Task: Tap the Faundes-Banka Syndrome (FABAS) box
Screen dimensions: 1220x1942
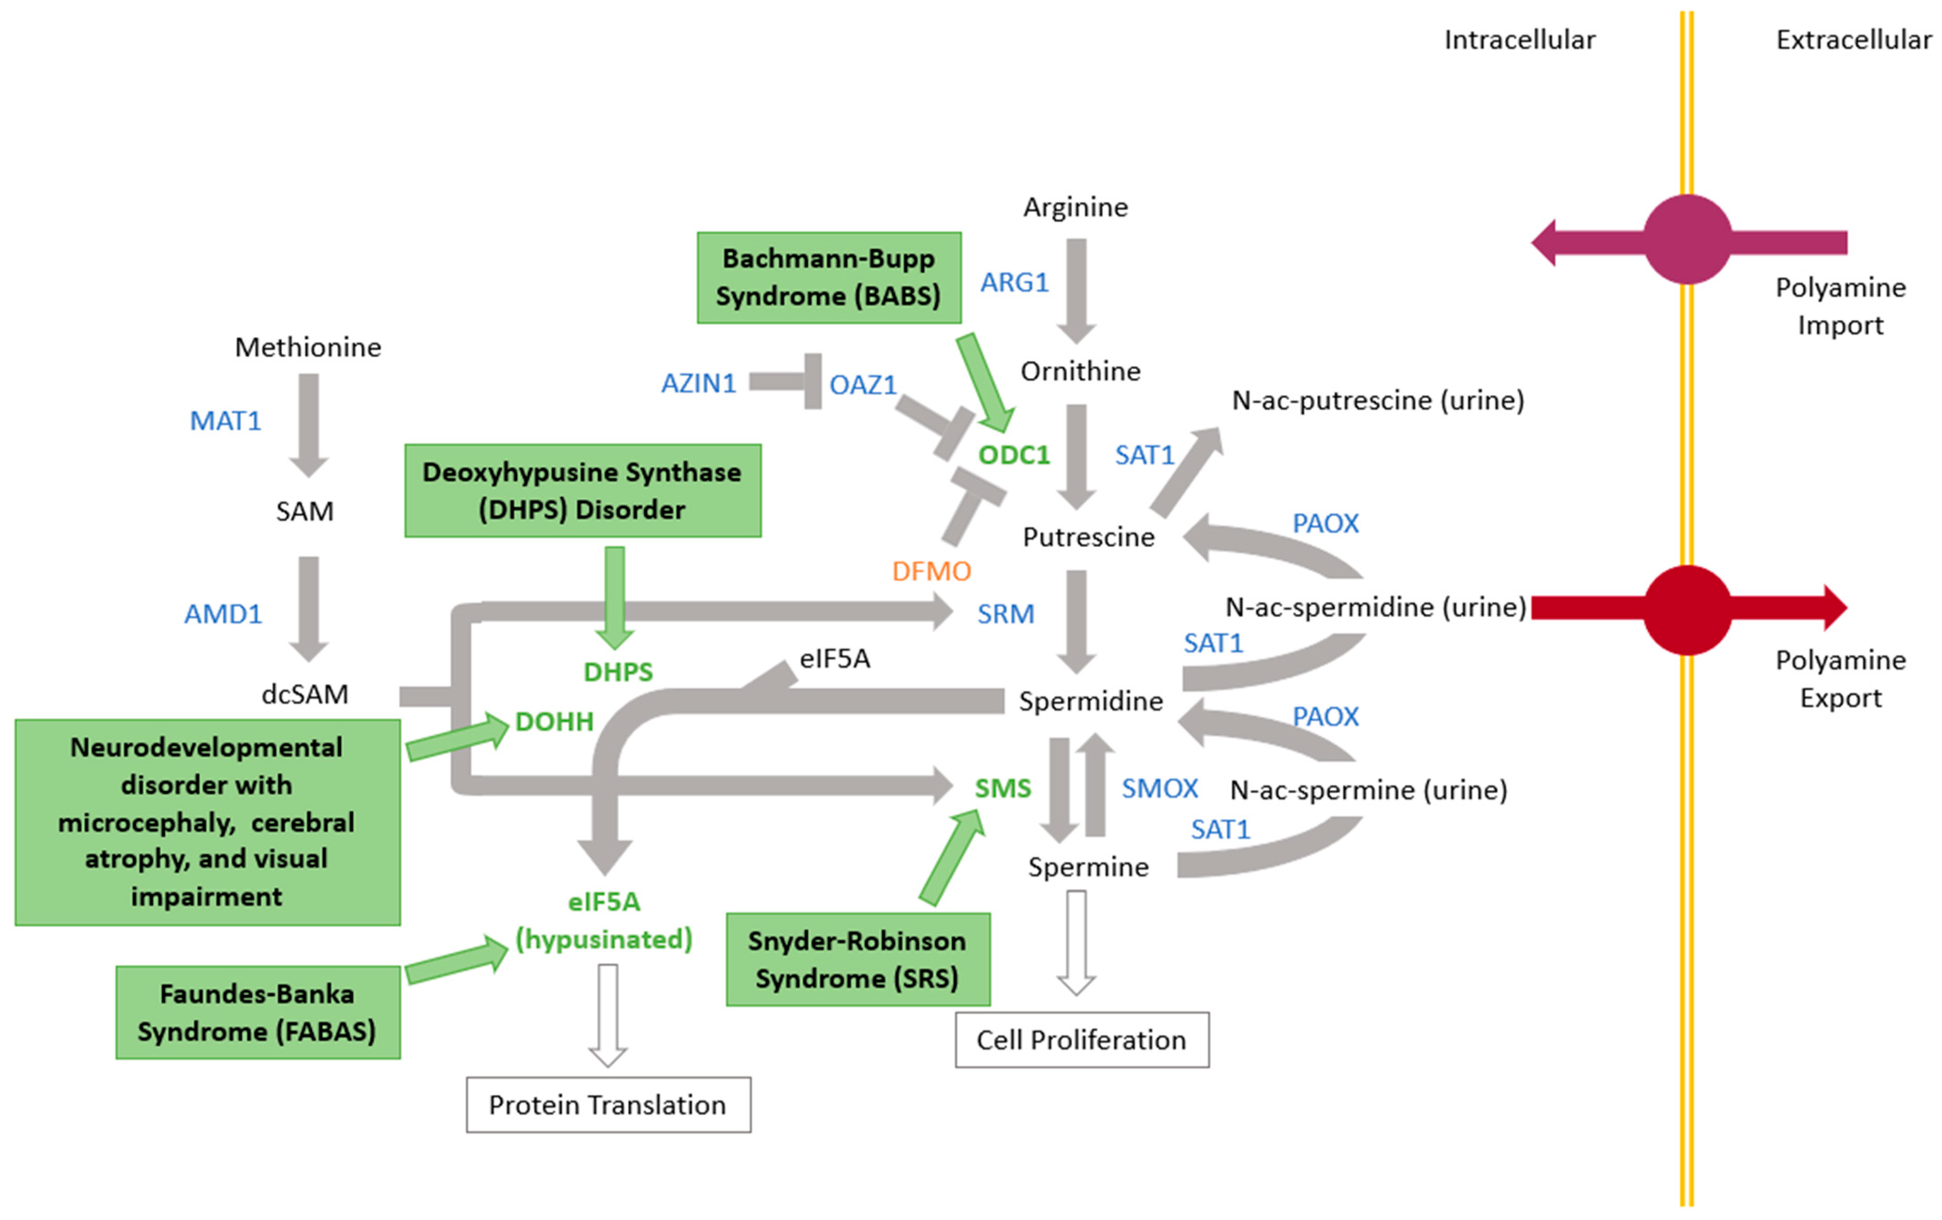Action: click(x=257, y=1012)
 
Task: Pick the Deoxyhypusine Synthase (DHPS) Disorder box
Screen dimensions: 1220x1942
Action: click(x=582, y=490)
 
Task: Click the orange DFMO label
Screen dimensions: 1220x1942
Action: click(x=931, y=571)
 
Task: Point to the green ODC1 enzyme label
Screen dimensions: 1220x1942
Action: click(x=1014, y=455)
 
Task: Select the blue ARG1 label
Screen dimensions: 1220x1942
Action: click(x=1014, y=282)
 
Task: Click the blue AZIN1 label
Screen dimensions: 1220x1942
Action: click(x=698, y=383)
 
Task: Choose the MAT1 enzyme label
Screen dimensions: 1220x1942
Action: click(x=225, y=420)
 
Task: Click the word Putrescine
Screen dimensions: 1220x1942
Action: click(x=1088, y=537)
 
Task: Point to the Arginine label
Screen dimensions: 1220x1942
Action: click(x=1075, y=207)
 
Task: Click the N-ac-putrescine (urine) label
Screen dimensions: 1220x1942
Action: click(x=1378, y=400)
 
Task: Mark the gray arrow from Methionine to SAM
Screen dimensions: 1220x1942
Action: click(x=308, y=424)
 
